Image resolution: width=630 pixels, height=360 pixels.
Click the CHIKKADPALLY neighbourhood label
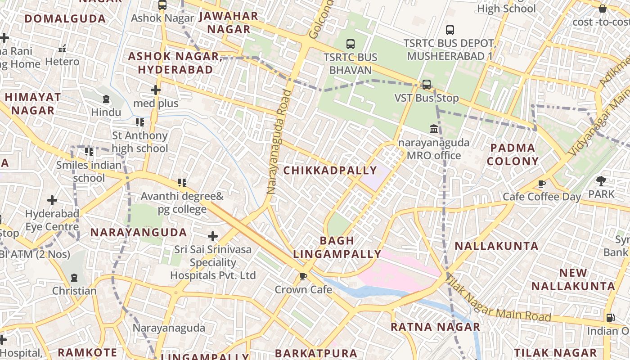click(x=330, y=171)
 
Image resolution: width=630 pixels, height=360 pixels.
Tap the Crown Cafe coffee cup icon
click(x=303, y=276)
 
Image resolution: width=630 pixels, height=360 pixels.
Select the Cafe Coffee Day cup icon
click(x=542, y=184)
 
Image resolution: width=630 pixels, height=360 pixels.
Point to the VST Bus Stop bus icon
click(x=426, y=84)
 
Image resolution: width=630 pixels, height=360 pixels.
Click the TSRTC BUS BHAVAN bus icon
click(x=351, y=44)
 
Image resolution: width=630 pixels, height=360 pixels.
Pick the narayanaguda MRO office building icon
click(x=434, y=129)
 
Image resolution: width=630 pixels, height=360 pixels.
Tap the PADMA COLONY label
click(x=513, y=154)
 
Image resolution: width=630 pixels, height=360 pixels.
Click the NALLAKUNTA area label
click(x=496, y=246)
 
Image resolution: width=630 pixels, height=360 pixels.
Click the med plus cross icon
click(x=156, y=90)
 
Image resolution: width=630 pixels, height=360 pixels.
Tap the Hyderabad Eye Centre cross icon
click(x=52, y=200)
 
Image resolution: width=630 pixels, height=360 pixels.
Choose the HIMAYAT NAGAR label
click(x=32, y=103)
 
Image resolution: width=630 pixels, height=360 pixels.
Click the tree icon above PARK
click(x=601, y=181)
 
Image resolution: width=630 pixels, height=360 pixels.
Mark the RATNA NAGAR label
click(x=435, y=327)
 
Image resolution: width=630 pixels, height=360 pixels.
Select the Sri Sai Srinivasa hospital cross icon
click(x=213, y=236)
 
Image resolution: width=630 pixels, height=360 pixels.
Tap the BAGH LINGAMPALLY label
click(x=337, y=247)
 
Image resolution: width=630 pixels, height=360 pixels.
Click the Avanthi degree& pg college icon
click(x=182, y=183)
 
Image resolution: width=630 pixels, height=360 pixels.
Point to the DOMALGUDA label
click(x=65, y=19)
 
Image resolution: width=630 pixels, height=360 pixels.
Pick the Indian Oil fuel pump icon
click(x=610, y=317)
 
